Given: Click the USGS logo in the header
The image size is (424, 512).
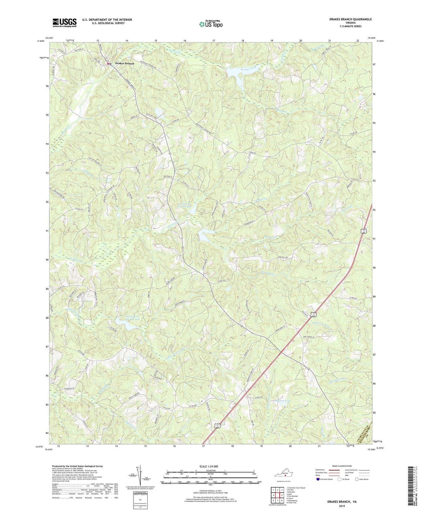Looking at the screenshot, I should [65, 23].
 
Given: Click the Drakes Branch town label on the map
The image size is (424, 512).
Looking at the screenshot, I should [125, 63].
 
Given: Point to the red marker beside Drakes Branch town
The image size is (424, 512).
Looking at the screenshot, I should [108, 63].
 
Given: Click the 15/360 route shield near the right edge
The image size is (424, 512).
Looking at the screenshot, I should [364, 232].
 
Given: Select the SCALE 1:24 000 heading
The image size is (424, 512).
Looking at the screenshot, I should [210, 466].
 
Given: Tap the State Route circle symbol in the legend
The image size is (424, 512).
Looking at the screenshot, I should [357, 479].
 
